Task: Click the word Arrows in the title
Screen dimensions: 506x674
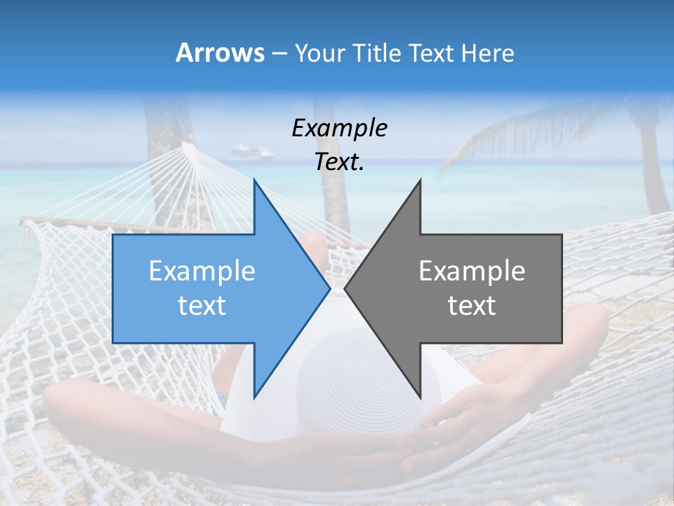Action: tap(219, 53)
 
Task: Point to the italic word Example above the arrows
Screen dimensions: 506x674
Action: tap(339, 128)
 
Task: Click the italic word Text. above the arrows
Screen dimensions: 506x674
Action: tap(339, 162)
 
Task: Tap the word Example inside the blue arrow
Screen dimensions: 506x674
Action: tap(202, 271)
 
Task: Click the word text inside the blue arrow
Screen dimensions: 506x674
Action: tap(202, 305)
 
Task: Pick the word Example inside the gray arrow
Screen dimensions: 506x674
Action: tap(472, 271)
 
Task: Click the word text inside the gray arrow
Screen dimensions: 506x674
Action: tap(472, 305)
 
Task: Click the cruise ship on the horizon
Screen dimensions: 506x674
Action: tap(251, 151)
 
